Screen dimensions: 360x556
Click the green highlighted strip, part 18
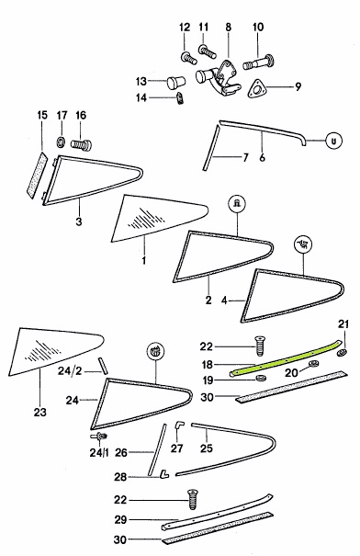[286, 358]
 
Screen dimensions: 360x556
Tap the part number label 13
[141, 81]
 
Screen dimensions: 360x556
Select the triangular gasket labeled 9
[256, 88]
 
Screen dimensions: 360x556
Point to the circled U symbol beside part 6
[333, 141]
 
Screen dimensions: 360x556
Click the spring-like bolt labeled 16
[81, 144]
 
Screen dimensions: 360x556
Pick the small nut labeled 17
[61, 142]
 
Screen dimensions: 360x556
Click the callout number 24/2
[70, 371]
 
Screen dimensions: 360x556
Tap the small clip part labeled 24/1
[99, 437]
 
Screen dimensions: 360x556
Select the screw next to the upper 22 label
[261, 346]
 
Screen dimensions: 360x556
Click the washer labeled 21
[342, 353]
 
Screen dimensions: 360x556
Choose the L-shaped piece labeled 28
[163, 473]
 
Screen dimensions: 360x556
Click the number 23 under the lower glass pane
[40, 412]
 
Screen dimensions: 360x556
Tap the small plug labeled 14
[180, 97]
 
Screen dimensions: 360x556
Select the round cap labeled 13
[175, 83]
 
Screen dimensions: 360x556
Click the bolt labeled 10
[259, 62]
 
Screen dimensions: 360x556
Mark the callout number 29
[120, 519]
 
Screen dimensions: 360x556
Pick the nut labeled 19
[261, 379]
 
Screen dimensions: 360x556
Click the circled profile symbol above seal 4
[304, 244]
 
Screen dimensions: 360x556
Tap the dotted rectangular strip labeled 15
[37, 176]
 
